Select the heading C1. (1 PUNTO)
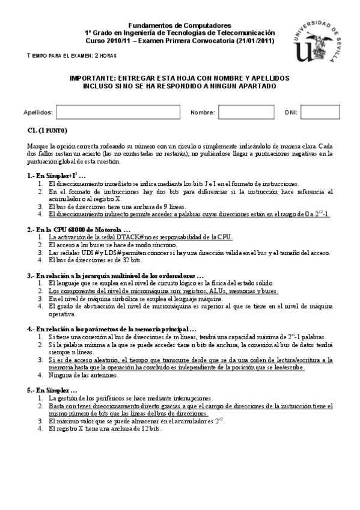[47, 131]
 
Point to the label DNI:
[290, 112]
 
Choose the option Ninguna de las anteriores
[84, 375]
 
